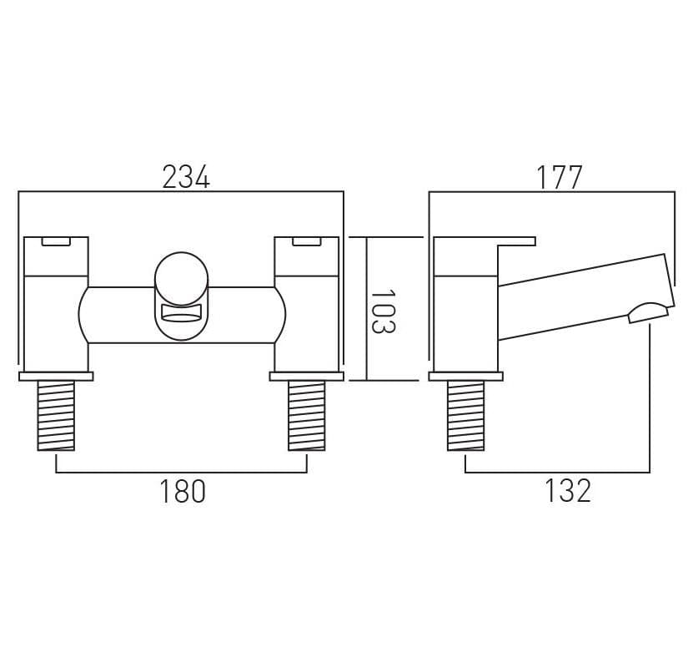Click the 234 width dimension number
pos(186,177)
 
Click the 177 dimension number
pos(559,177)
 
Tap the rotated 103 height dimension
pos(383,311)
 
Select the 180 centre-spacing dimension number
pos(182,492)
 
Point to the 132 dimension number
pos(568,492)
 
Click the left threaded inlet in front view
pos(56,415)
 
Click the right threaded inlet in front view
pos(306,415)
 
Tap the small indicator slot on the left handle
pos(57,242)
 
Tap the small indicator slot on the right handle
pos(306,242)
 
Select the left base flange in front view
pos(56,377)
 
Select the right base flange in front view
pos(306,377)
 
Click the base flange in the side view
pos(465,377)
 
